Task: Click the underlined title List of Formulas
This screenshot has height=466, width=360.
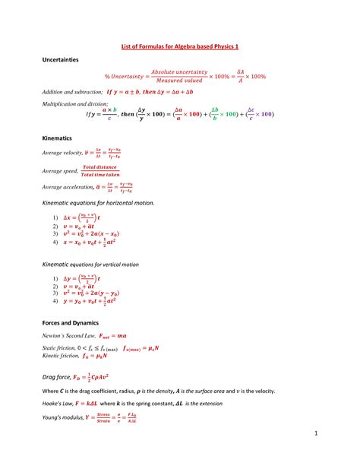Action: (180, 46)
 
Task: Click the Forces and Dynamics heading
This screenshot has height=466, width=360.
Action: (75, 322)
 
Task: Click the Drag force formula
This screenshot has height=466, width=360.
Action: (92, 375)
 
